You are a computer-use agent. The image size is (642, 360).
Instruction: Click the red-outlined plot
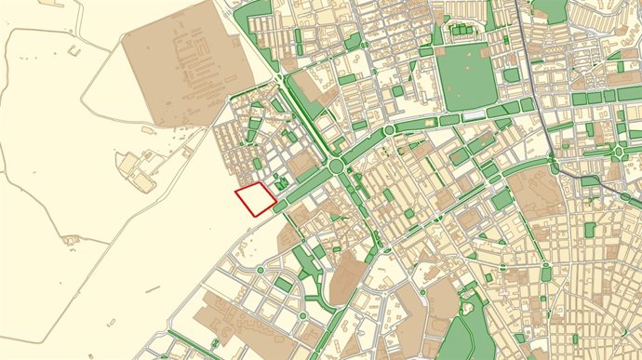[254, 199]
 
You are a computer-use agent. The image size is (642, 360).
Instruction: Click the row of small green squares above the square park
[461, 32]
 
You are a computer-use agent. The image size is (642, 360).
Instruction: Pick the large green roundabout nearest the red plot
[336, 167]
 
